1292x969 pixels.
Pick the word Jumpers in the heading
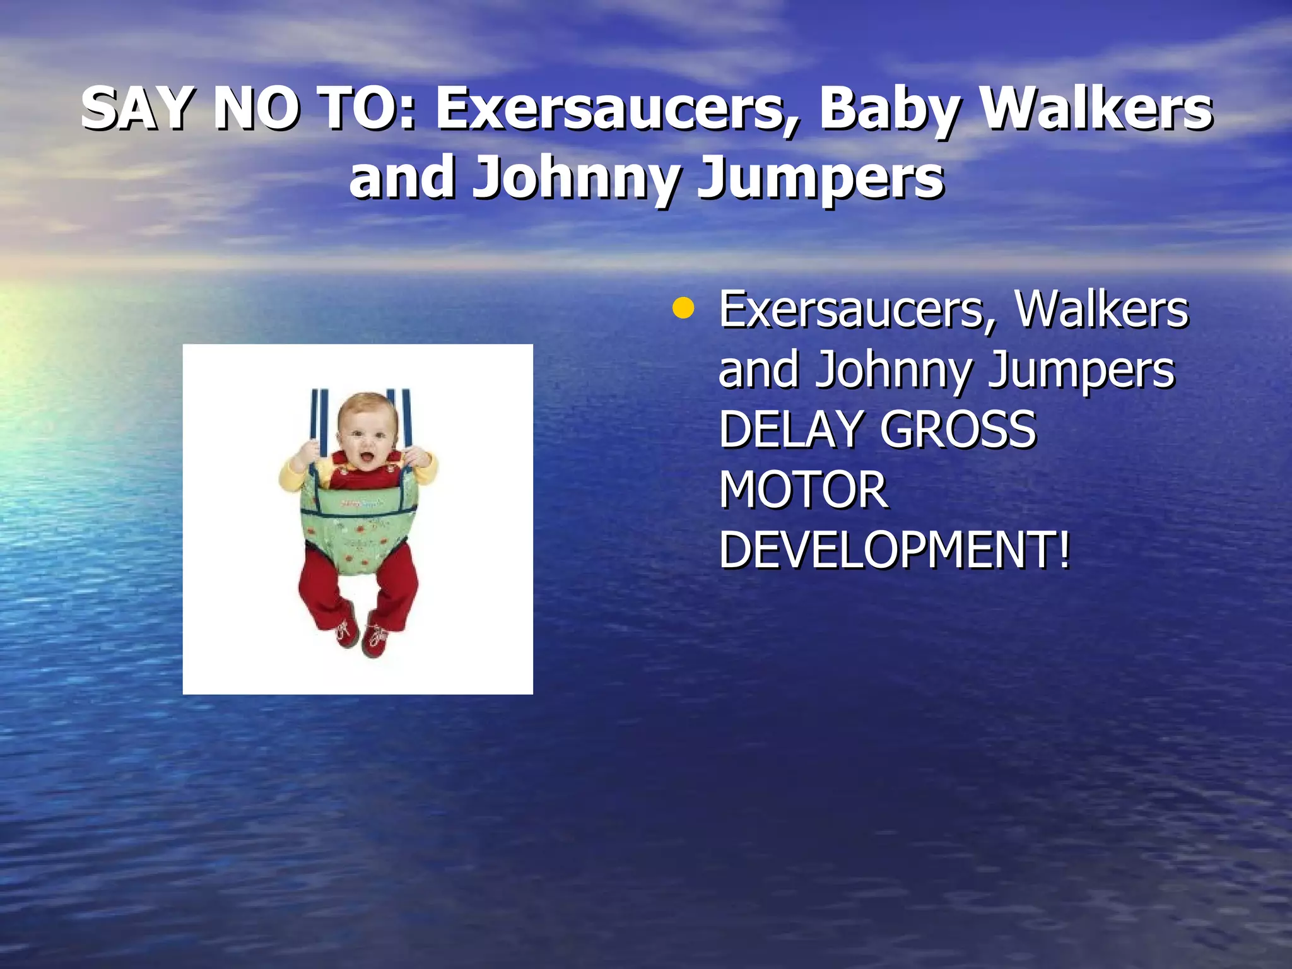tap(820, 179)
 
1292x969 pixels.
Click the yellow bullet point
tap(683, 310)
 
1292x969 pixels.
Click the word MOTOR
tap(803, 490)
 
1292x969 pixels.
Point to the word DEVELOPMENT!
tap(895, 549)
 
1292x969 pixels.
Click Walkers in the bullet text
tap(1101, 310)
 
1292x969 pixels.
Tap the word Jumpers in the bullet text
tap(1081, 371)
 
